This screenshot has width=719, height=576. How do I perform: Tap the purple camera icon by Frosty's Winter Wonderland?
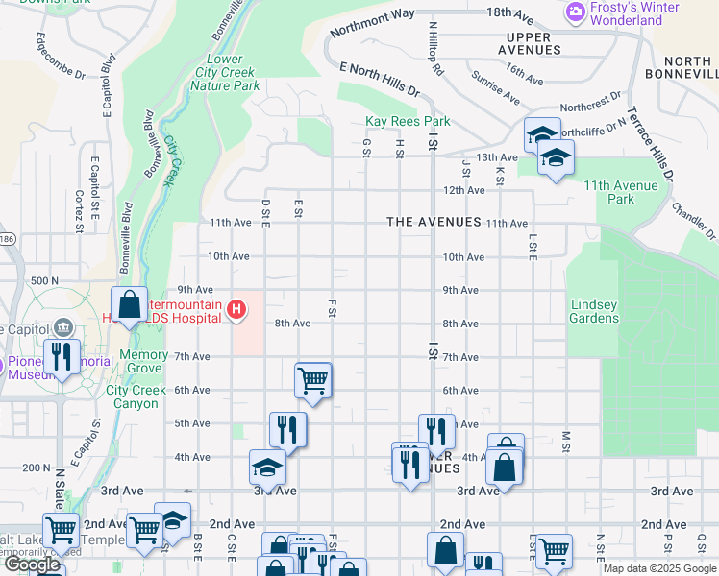tap(576, 12)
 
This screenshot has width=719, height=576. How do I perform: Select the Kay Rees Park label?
tap(408, 122)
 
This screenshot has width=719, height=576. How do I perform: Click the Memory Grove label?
tap(143, 362)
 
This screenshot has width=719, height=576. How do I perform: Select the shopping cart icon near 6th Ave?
tap(313, 379)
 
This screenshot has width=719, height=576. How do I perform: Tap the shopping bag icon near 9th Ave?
tap(129, 304)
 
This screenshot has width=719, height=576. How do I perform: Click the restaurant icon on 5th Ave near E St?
tap(287, 428)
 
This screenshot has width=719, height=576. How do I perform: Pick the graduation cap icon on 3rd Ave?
tap(267, 468)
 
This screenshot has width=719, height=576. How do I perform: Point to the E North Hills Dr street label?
tap(381, 78)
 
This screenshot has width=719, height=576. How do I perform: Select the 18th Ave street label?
tap(509, 13)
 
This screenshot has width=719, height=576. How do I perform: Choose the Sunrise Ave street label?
tap(497, 92)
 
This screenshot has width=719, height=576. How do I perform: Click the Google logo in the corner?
tap(32, 564)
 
